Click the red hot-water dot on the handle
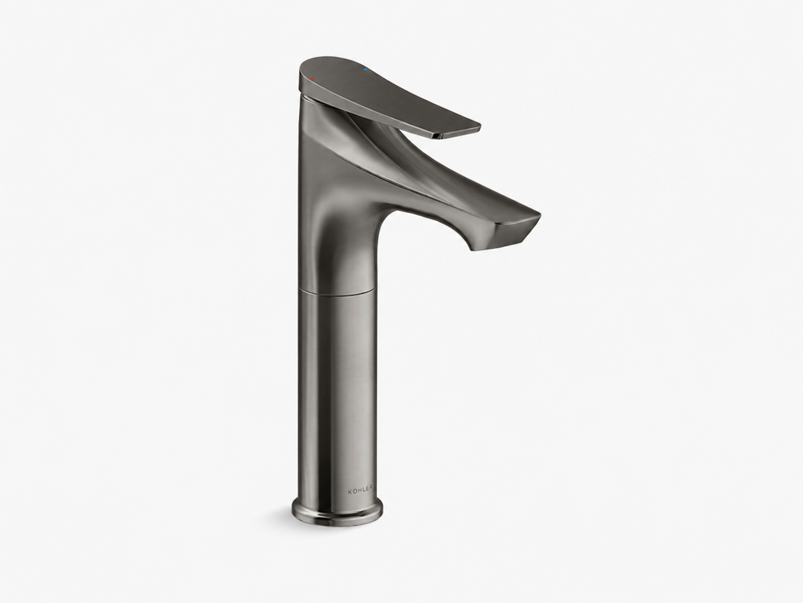point(312,79)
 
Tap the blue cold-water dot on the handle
point(365,69)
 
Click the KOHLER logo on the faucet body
point(360,491)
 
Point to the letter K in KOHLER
point(349,491)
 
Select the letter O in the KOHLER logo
point(353,491)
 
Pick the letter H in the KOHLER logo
point(358,491)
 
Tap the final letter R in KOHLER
point(371,491)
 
